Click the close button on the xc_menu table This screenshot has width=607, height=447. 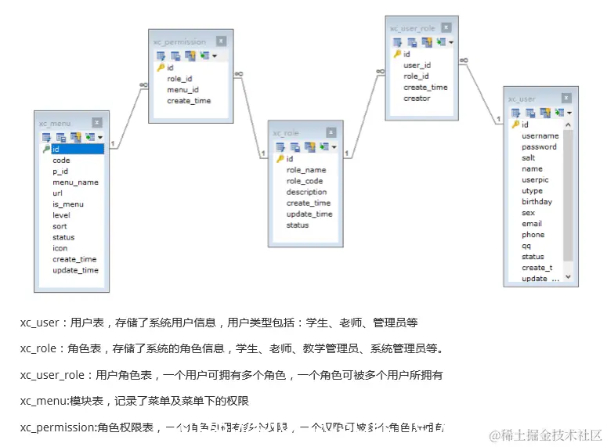point(97,122)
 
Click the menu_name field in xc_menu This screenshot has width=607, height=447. point(75,182)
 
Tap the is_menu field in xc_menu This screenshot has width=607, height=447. point(67,204)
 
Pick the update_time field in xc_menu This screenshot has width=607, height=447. point(75,270)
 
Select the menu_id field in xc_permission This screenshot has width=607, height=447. point(182,89)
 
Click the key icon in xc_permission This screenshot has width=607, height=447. point(161,67)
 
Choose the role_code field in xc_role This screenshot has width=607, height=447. point(305,181)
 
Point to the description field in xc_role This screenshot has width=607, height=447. point(306,192)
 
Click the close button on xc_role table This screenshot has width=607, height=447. point(331,132)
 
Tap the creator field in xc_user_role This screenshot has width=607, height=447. point(417,99)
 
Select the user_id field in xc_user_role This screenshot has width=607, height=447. point(417,66)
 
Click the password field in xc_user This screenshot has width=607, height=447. point(539,146)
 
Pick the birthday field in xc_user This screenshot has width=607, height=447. point(537,201)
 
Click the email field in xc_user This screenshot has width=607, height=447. point(532,223)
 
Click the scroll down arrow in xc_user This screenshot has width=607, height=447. point(568,277)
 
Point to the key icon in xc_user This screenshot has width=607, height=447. point(515,124)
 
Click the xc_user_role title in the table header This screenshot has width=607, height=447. point(412,28)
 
